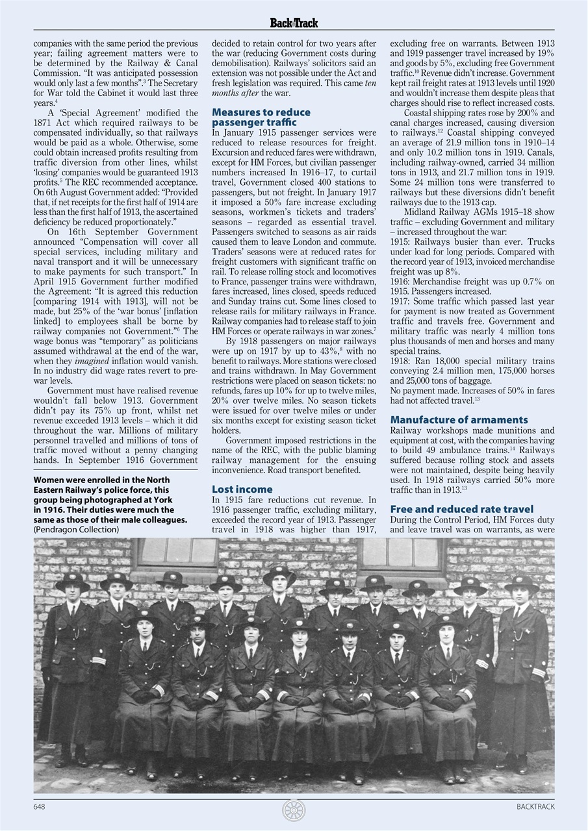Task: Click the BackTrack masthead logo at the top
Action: point(294,23)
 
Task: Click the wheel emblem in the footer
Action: point(294,810)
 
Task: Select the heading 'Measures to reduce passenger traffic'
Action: point(261,117)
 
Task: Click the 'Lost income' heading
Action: point(242,489)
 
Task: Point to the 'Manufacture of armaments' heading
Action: point(459,420)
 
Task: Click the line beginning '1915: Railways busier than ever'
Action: point(472,242)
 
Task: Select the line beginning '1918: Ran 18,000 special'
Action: point(472,361)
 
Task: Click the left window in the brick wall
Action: point(175,552)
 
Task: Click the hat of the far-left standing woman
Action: point(73,580)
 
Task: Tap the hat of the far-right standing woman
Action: point(521,582)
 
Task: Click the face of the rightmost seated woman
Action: point(447,631)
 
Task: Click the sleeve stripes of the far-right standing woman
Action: point(539,672)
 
